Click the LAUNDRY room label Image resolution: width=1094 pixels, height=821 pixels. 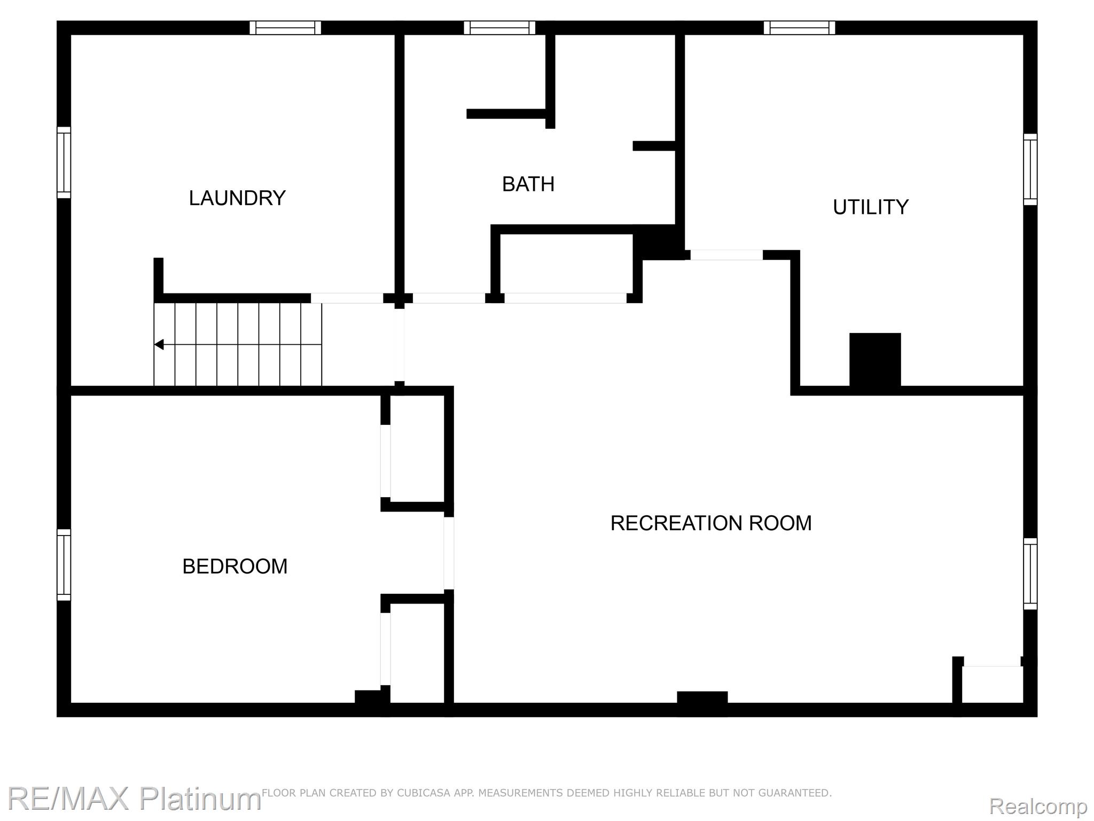coord(237,198)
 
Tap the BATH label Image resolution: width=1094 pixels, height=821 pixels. coord(528,184)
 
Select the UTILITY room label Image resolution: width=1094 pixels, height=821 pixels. coord(871,207)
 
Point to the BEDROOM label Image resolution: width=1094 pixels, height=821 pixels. coord(235,566)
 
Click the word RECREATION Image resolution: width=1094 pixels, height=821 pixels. coord(676,523)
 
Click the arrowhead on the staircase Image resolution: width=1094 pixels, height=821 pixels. coord(159,345)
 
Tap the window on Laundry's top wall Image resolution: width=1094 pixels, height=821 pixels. coord(285,28)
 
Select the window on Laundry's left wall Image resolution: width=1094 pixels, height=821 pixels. coord(64,162)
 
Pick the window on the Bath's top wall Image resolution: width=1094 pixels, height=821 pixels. coord(499,28)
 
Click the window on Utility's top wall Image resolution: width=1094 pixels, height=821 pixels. coord(799,28)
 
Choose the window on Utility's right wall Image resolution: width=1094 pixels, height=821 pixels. coord(1030,169)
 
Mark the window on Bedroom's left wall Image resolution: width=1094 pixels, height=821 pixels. coord(64,565)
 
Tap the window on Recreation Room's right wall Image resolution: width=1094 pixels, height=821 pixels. coord(1030,574)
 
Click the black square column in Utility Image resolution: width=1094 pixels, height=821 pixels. coord(875,360)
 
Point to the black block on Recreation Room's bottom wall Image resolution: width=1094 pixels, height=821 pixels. coord(702,698)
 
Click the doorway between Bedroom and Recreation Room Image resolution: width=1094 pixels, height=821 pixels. coord(449,553)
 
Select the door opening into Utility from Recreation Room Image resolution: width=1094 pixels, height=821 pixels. coord(726,255)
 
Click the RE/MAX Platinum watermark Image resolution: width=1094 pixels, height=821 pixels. coord(134,799)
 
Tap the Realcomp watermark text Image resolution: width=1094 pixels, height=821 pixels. coord(1038,805)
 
